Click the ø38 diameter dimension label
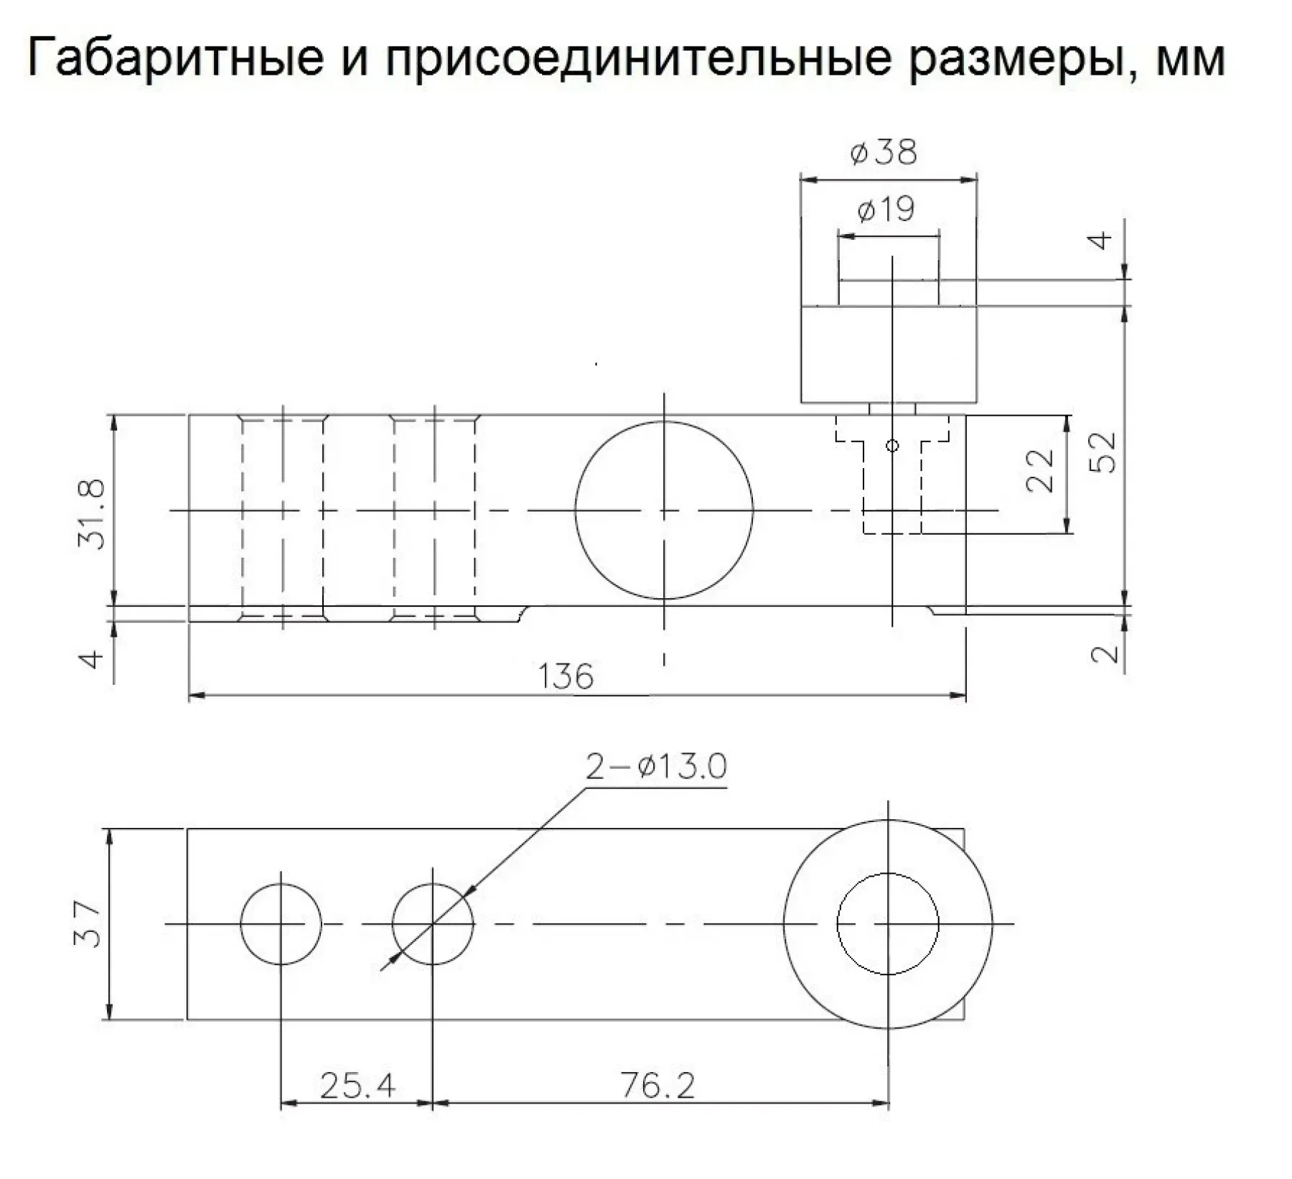[884, 153]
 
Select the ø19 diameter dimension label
[886, 210]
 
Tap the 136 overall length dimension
[566, 676]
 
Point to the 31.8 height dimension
[92, 514]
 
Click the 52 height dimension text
[1103, 452]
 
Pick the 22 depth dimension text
[1040, 470]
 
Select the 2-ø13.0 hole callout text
[656, 767]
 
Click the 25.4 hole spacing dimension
[357, 1086]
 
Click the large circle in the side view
[664, 510]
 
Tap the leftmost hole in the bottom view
[281, 924]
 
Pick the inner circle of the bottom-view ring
[888, 924]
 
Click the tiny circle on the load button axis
[892, 446]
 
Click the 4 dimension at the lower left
[91, 658]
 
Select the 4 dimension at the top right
[1101, 240]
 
